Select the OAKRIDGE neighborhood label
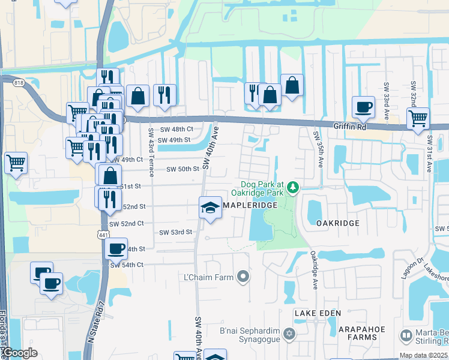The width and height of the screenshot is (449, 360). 337,223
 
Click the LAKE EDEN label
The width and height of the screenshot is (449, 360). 318,313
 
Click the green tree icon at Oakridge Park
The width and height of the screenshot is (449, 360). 293,188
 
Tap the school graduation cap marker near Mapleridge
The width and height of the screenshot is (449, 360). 210,208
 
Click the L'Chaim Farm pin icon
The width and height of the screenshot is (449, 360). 243,277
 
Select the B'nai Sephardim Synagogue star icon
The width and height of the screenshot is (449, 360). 289,333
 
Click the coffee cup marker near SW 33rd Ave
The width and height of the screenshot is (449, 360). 363,107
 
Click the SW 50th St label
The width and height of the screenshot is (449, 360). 182,169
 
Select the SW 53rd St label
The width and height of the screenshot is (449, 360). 176,232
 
